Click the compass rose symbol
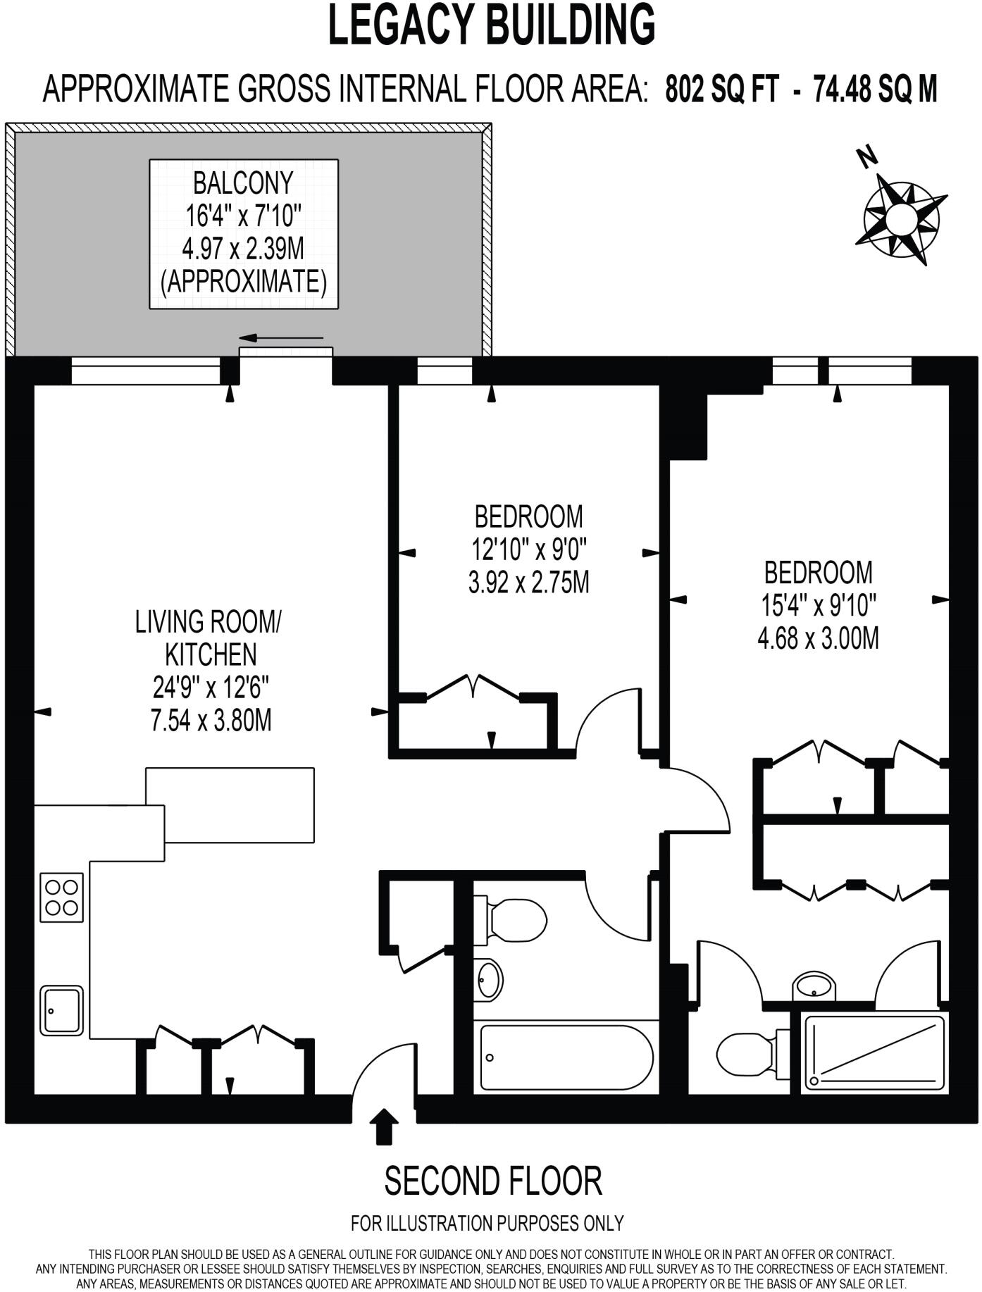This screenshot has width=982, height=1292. (x=900, y=219)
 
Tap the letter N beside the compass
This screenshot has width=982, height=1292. (x=866, y=157)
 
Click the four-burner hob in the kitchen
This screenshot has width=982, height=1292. (x=61, y=897)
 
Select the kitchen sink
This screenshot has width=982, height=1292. (x=61, y=1010)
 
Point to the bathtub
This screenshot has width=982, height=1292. (x=566, y=1057)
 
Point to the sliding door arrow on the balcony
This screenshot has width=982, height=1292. (x=281, y=339)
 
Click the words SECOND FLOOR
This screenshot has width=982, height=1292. (x=492, y=1181)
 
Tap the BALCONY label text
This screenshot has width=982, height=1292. (x=243, y=183)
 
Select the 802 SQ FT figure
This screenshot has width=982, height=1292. (x=722, y=89)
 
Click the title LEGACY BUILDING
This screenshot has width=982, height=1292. (x=492, y=25)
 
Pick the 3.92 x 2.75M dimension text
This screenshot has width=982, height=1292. (x=528, y=583)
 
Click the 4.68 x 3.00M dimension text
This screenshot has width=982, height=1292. (x=818, y=639)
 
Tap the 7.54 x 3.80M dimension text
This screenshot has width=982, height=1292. (x=211, y=721)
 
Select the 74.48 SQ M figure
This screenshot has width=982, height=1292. (x=875, y=89)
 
